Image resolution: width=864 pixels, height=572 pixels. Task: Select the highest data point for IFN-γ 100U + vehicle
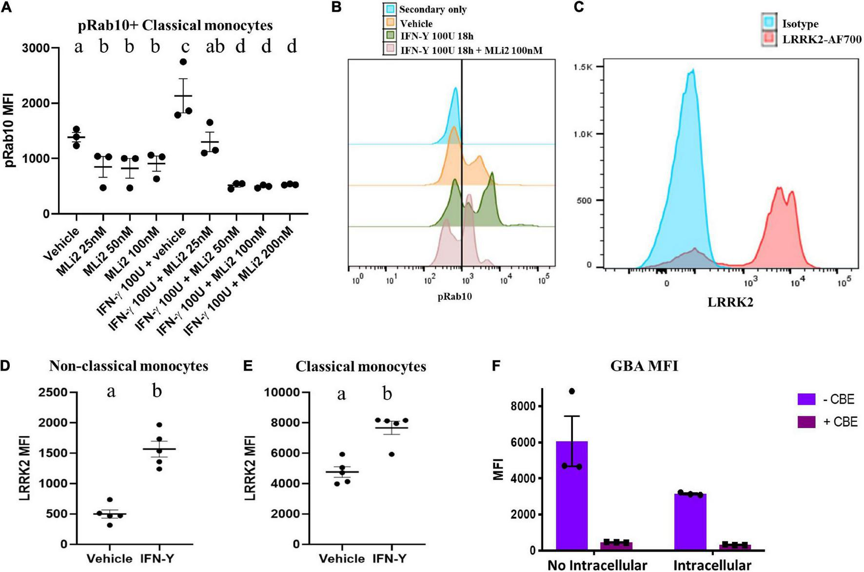183,62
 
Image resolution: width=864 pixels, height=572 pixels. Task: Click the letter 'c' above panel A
185,47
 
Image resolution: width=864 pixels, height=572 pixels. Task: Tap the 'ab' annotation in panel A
215,47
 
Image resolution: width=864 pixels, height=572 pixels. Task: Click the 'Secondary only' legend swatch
390,9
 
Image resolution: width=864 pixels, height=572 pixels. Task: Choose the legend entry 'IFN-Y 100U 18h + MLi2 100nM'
471,50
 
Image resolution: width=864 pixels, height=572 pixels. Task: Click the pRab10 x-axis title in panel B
454,296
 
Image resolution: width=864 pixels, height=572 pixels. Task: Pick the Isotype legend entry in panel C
800,23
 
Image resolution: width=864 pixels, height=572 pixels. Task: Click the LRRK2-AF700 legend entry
822,39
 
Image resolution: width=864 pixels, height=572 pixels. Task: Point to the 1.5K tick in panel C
583,67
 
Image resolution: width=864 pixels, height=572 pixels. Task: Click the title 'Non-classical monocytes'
128,366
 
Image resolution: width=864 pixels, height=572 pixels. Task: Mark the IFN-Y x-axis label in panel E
389,558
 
